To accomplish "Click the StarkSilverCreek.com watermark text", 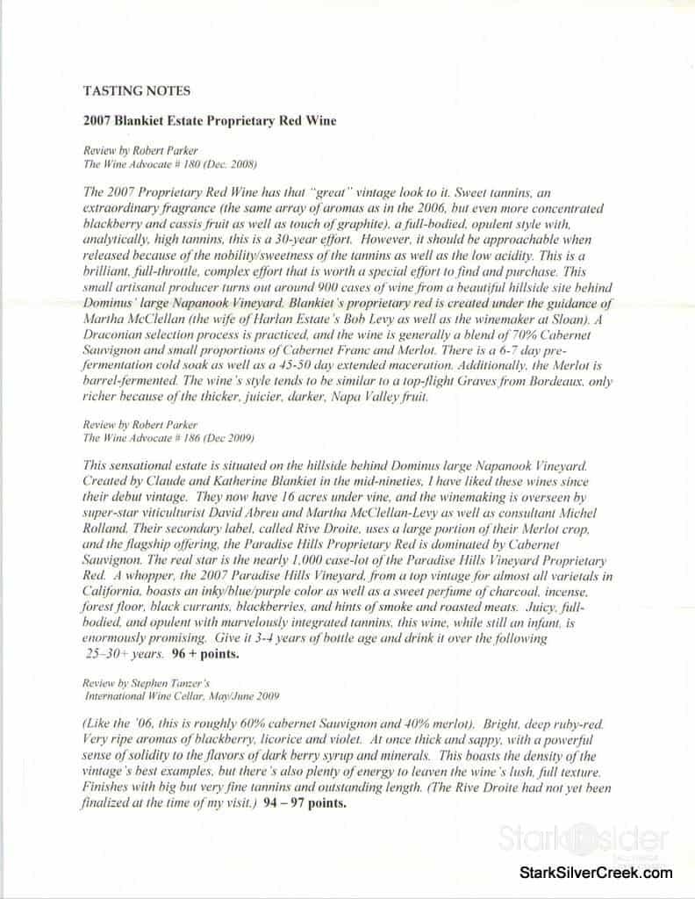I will tap(596, 872).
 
